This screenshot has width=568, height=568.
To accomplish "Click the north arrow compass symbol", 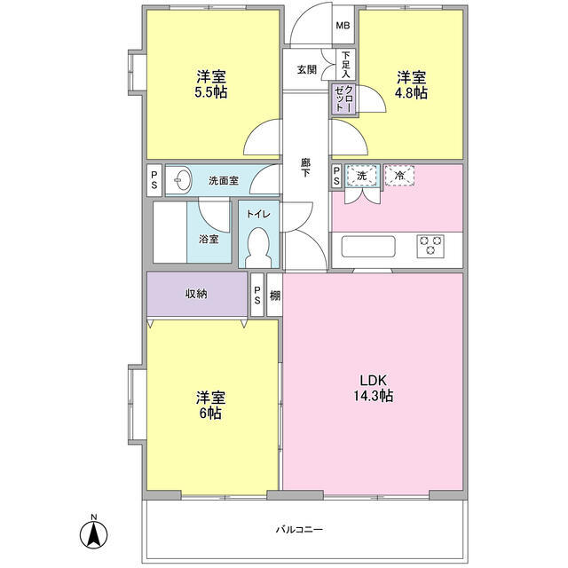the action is [x=93, y=534].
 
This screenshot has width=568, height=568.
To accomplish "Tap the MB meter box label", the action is [x=343, y=26].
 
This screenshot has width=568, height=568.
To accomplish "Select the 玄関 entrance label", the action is [x=307, y=69].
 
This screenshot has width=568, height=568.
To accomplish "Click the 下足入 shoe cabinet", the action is [x=346, y=65].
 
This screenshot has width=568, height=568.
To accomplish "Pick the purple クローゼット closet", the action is [x=343, y=99].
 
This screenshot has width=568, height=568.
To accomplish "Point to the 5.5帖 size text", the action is [x=211, y=92].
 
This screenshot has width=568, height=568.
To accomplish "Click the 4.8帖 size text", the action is [x=411, y=93].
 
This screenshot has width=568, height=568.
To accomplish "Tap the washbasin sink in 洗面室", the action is [x=183, y=179].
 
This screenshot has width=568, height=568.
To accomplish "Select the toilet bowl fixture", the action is [x=258, y=248].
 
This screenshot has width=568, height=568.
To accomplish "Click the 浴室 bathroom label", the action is [x=209, y=239].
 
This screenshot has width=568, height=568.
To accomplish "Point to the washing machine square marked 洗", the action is [x=362, y=177].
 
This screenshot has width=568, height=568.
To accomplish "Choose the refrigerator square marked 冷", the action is [x=399, y=176].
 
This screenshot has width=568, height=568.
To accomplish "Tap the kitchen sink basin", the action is [x=368, y=247].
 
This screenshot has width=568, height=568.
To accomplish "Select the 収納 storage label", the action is [x=196, y=294].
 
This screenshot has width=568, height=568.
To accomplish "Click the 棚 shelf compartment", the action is [x=274, y=295].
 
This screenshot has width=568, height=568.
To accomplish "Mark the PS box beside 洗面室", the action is [x=154, y=180].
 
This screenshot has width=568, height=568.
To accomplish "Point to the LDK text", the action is [x=374, y=381].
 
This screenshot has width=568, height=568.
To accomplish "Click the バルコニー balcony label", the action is [x=299, y=530].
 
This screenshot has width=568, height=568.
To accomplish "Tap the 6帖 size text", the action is [x=210, y=414].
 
